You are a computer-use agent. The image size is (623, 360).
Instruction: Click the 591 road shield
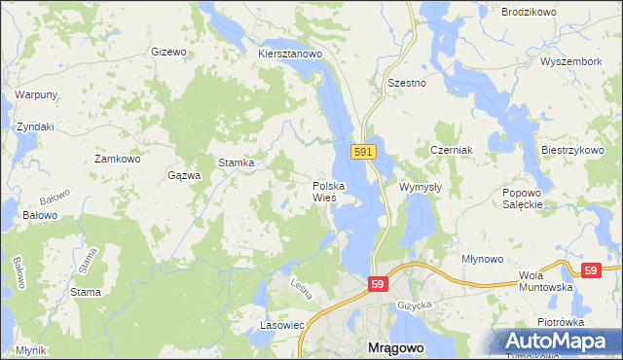tap(362, 152)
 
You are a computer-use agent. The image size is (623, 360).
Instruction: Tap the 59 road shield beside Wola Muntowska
tap(589, 270)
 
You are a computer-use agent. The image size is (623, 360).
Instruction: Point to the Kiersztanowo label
tap(290, 54)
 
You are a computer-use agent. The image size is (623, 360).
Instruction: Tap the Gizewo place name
tap(168, 52)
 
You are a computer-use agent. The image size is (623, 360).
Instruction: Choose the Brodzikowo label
tap(528, 12)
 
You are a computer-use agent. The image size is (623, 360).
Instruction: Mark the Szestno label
tap(407, 84)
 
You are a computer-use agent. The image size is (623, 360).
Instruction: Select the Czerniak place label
tap(451, 151)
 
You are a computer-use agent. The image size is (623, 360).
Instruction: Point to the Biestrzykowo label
tap(572, 151)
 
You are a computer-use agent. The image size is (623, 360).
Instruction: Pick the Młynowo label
tap(483, 259)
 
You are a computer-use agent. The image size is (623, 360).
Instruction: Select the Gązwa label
tap(184, 175)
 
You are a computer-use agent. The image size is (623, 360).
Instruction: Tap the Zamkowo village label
tap(118, 158)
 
